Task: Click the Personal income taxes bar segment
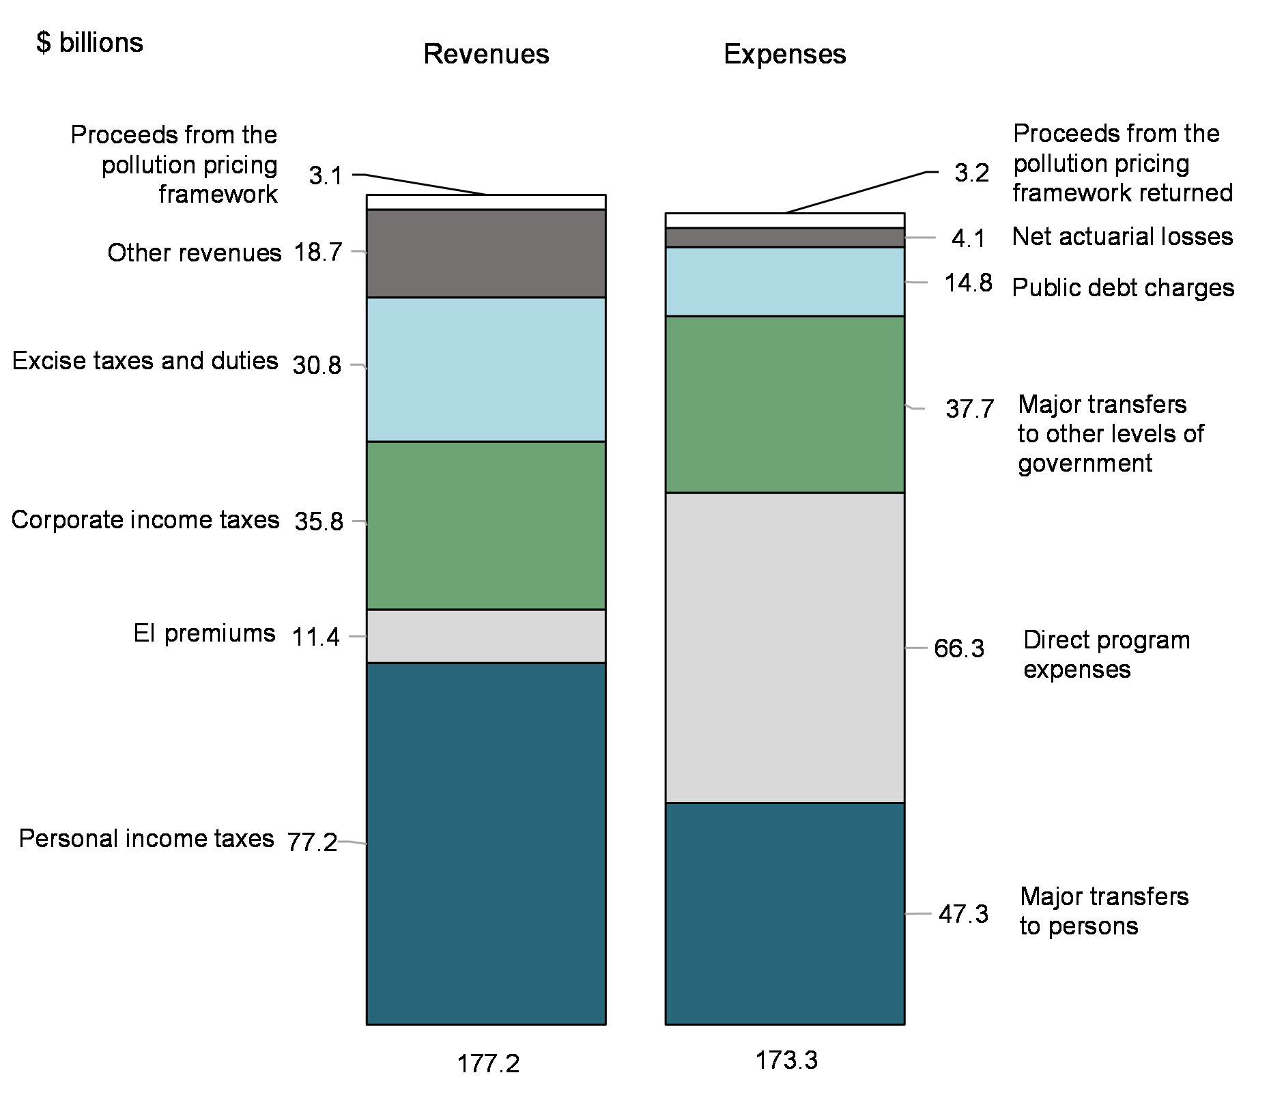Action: (486, 843)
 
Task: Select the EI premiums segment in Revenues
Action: (486, 635)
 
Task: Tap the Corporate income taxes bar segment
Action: (486, 525)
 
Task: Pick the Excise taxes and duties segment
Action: (486, 369)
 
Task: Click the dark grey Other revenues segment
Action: (486, 253)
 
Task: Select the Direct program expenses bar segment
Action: (785, 647)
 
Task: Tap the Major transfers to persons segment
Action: (785, 913)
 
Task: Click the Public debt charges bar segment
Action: (785, 281)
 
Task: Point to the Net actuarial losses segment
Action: (785, 238)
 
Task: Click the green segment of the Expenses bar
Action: (785, 404)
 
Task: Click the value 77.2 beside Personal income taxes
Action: (312, 843)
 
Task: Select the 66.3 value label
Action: (959, 648)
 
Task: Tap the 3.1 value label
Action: (325, 176)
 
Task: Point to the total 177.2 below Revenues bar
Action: (488, 1063)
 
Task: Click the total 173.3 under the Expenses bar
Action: (786, 1060)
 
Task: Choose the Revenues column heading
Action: (486, 54)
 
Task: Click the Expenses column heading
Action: (785, 54)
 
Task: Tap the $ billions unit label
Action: (89, 43)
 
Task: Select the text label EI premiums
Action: (204, 633)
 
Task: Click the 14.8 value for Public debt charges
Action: (968, 283)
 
